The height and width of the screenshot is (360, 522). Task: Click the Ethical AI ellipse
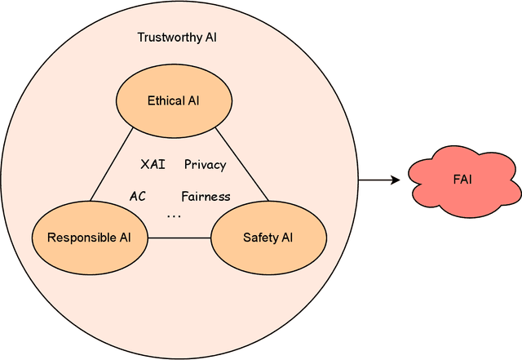tap(173, 101)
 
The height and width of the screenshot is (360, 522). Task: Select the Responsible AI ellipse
tap(89, 238)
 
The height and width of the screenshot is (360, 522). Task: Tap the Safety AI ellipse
tap(268, 238)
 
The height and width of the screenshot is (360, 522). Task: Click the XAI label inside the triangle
tap(153, 164)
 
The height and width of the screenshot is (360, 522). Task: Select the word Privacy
tap(205, 164)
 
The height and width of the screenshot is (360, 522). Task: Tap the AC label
tap(138, 196)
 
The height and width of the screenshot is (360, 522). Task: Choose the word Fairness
tap(206, 196)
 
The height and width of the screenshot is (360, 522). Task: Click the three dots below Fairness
tap(175, 216)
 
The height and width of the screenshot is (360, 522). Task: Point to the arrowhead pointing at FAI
tap(396, 180)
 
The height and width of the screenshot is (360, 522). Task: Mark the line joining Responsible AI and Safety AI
tap(179, 238)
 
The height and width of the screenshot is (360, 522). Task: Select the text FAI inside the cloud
tap(463, 180)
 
